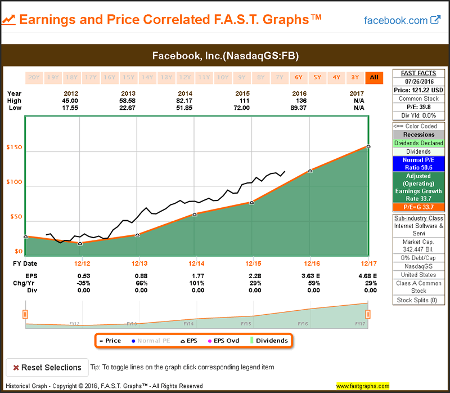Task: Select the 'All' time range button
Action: [373, 77]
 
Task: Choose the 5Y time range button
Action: [317, 77]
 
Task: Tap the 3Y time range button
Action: [355, 77]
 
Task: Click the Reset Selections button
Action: [47, 368]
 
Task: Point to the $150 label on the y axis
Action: [14, 148]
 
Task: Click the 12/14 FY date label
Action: [196, 264]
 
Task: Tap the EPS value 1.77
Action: [197, 276]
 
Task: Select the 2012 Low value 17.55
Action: [71, 108]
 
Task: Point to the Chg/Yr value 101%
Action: [197, 283]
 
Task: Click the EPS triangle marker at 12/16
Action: [310, 170]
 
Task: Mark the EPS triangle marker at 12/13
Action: [137, 235]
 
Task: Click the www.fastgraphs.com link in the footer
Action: [363, 386]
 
